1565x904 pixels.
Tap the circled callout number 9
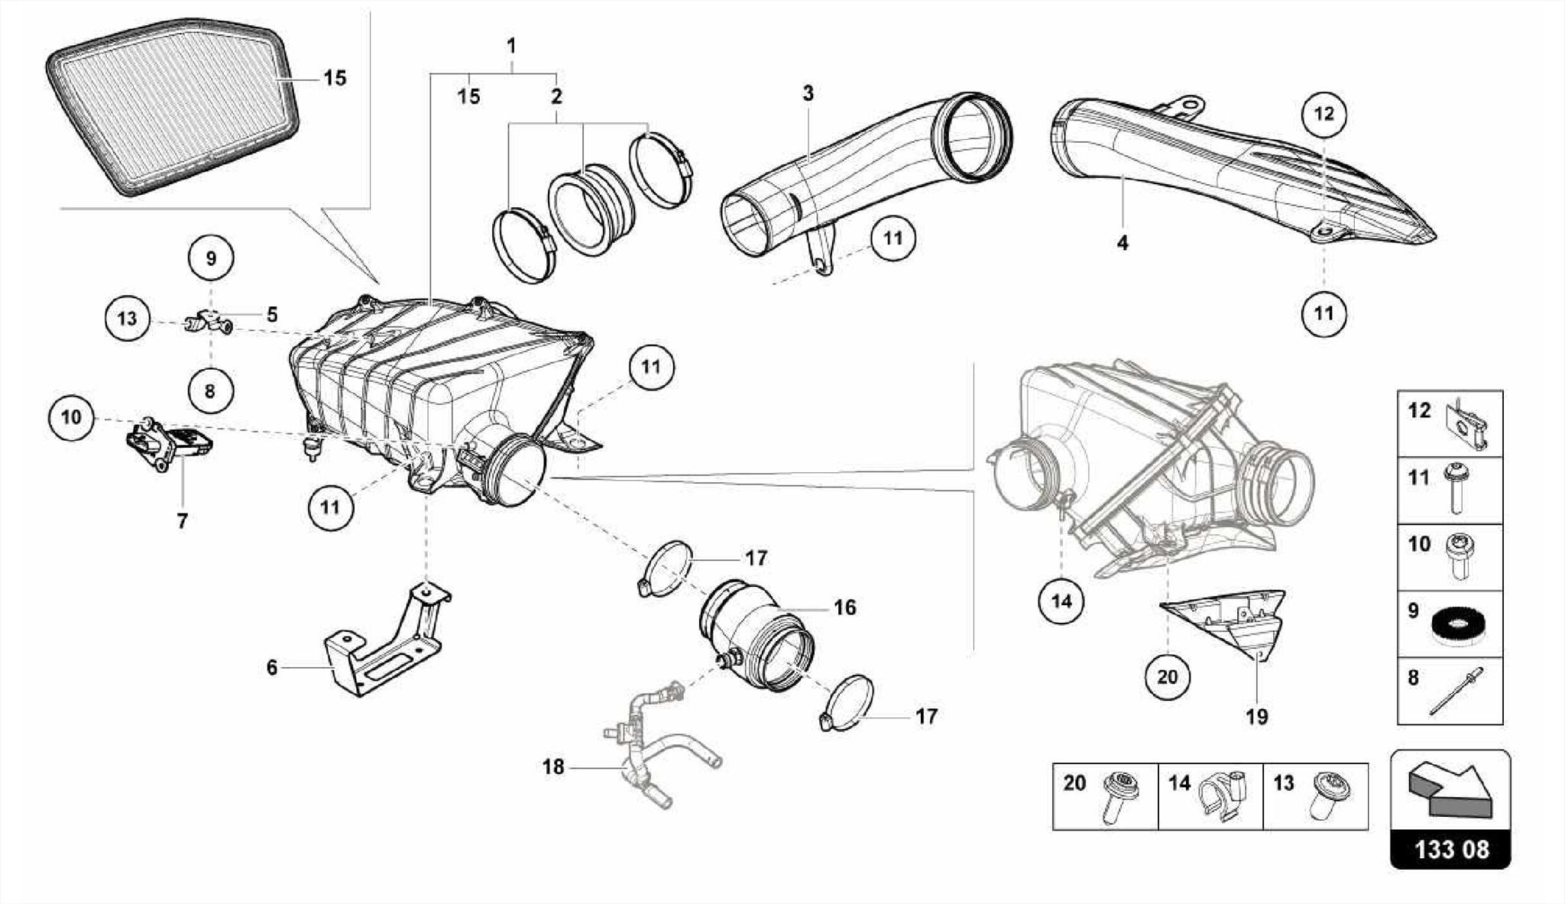pyautogui.click(x=211, y=258)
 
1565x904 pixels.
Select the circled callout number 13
pyautogui.click(x=127, y=317)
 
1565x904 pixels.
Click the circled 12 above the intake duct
pyautogui.click(x=1324, y=114)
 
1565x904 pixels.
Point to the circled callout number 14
pyautogui.click(x=1061, y=601)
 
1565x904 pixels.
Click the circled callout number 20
pyautogui.click(x=1167, y=677)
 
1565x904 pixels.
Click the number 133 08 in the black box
pyautogui.click(x=1450, y=849)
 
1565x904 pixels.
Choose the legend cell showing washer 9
pyautogui.click(x=1450, y=624)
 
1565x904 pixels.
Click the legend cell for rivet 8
pyautogui.click(x=1450, y=691)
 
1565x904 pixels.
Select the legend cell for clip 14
pyautogui.click(x=1210, y=795)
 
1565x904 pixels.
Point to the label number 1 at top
pyautogui.click(x=511, y=46)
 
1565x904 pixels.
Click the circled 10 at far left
pyautogui.click(x=71, y=417)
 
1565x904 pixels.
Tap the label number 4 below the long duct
pyautogui.click(x=1122, y=243)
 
